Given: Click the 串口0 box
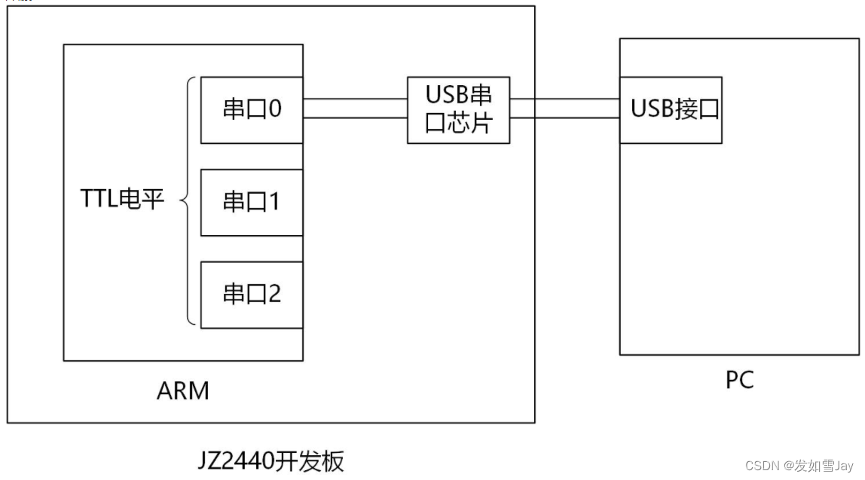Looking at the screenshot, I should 252,110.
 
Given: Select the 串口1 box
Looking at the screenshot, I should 252,202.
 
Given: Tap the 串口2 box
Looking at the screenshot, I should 252,294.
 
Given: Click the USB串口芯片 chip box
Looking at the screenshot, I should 458,110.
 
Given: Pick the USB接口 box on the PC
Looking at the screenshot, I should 671,110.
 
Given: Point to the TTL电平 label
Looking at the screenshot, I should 122,200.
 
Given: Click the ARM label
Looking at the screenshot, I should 183,391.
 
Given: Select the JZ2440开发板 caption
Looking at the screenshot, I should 272,460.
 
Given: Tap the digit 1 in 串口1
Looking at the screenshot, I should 274,202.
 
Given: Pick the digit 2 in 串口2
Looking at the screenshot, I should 274,294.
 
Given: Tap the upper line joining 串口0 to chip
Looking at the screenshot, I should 355,99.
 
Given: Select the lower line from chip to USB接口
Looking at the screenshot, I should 564,118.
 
